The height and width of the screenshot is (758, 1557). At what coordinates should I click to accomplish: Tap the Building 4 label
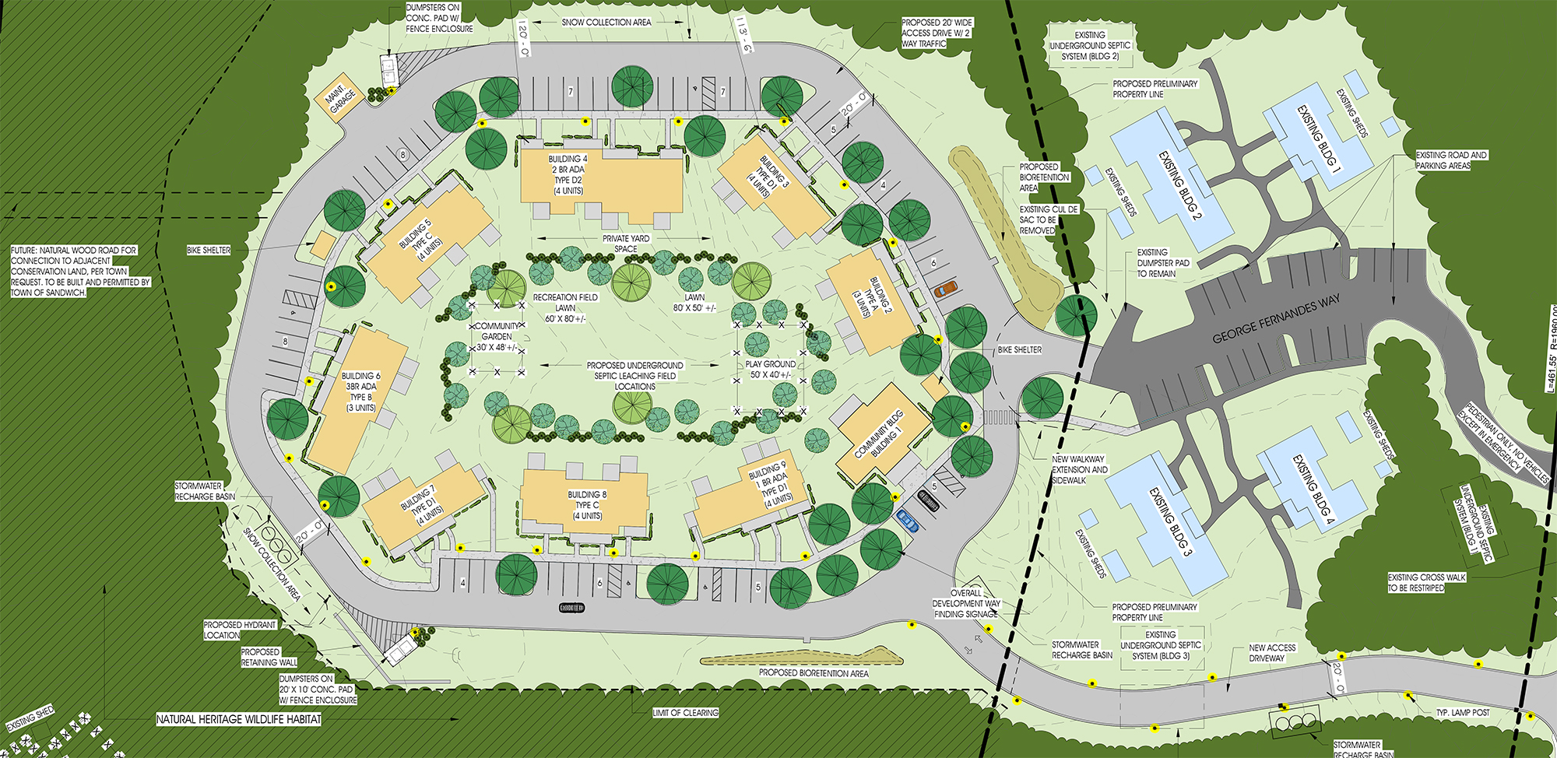(568, 174)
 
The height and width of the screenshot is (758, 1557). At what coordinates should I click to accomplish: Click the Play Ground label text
(770, 369)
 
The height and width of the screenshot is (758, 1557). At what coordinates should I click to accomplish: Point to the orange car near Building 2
(944, 289)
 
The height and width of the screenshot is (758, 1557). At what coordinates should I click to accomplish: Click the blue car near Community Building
(908, 520)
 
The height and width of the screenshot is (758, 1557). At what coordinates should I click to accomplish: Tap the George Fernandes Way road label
(1276, 319)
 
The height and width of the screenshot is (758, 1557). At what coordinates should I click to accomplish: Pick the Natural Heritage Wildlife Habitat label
(238, 719)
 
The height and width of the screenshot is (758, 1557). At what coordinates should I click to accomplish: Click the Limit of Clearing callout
(685, 712)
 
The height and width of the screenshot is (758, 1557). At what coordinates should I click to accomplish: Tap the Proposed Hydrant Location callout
(240, 630)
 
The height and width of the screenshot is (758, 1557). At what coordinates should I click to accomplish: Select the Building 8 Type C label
(587, 505)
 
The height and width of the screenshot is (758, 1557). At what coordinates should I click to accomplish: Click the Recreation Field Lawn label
(565, 307)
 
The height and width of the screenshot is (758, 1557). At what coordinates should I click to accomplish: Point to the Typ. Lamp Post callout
(1463, 713)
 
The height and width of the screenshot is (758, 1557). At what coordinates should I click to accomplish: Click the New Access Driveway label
(1272, 652)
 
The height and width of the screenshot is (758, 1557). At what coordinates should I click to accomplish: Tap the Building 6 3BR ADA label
(360, 391)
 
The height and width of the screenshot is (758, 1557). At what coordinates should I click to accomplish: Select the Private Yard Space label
(625, 244)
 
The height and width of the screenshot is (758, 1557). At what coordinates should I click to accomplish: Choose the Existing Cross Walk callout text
(1426, 582)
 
